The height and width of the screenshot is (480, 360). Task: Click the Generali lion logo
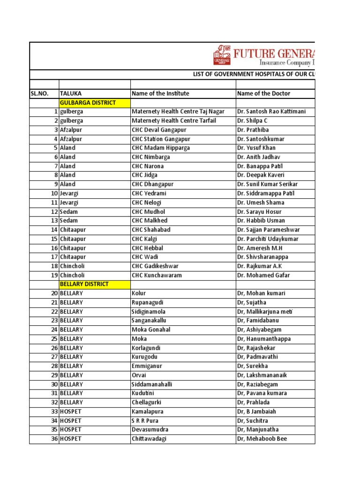point(222,55)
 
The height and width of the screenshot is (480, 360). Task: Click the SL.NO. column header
point(39,93)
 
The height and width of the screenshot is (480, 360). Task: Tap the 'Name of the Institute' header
point(160,93)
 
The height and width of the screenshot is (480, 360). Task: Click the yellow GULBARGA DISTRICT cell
point(88,103)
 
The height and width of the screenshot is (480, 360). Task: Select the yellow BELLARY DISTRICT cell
point(84,284)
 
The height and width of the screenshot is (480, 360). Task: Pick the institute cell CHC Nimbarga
point(150,157)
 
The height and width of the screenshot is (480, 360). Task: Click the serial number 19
point(54,275)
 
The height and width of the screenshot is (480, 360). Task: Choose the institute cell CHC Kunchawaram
point(157,275)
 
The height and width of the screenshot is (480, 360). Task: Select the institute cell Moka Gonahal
point(151,330)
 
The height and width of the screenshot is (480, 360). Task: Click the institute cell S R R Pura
point(145,420)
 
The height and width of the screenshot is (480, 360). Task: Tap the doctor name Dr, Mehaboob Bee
point(261,439)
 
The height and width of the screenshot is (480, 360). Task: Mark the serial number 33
point(54,412)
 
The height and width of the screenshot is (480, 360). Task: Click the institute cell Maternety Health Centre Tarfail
point(174,121)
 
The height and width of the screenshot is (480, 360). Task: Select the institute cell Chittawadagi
point(149,439)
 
